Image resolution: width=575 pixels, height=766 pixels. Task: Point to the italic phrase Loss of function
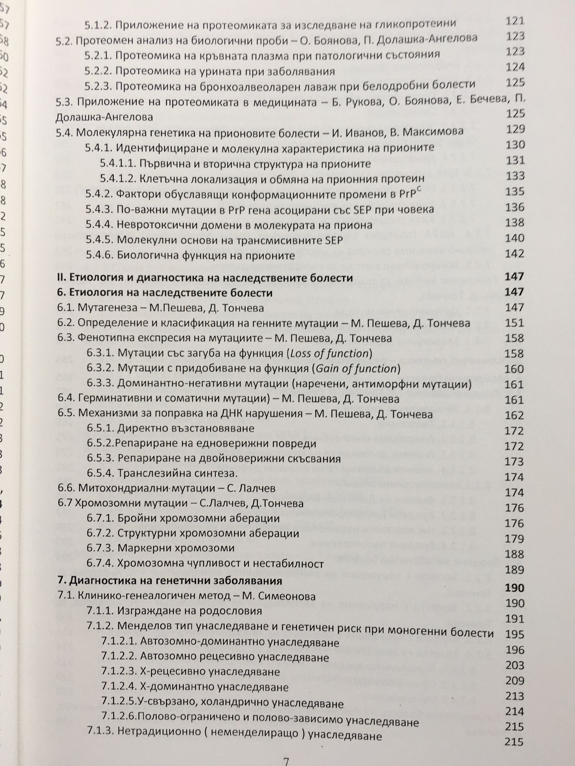coord(329,353)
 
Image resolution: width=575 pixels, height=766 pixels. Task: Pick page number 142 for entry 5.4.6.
coord(514,254)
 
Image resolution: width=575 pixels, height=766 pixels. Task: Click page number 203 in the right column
coord(514,665)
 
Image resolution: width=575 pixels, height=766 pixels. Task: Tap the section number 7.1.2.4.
coord(119,687)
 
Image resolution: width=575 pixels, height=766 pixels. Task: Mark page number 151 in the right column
coord(514,322)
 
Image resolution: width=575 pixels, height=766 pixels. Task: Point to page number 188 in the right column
coord(514,554)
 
